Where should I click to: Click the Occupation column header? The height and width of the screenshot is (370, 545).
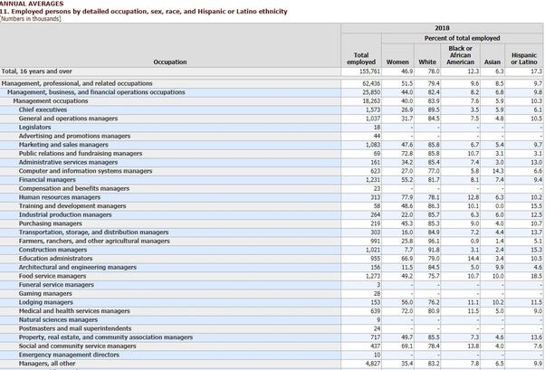(170, 62)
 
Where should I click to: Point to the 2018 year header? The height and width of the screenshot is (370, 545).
(442, 28)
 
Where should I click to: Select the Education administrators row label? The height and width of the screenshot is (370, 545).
(53, 257)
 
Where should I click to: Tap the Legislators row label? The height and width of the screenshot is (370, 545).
(35, 127)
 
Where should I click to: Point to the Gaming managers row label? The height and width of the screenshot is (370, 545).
(43, 292)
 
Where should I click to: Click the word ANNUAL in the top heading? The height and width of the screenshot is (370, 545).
(13, 4)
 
